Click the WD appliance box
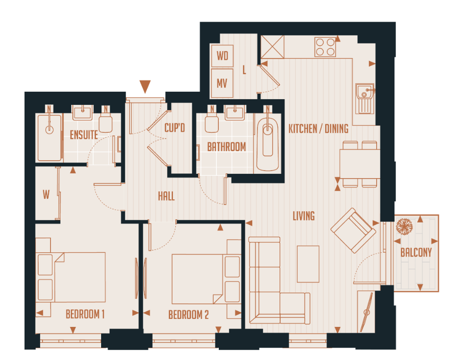223,56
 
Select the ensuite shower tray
50,137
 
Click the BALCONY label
416,253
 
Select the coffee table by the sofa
308,264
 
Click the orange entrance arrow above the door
145,86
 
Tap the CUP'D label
174,128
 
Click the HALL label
166,196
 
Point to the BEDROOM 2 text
189,315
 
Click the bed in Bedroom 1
79,276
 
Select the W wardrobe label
46,195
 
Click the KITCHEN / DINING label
318,129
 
